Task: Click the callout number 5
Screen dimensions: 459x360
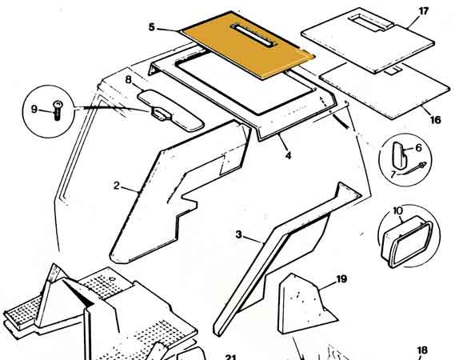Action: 151,27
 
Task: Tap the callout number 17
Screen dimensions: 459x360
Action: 424,11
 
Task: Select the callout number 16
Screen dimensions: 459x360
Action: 436,120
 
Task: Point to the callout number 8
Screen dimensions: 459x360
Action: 129,80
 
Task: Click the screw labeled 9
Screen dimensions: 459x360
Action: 58,110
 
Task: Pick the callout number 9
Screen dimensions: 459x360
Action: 34,110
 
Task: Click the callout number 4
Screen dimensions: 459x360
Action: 289,155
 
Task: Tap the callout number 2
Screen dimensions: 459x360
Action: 117,186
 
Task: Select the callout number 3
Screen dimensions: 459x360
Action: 239,234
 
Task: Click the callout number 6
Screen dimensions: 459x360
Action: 418,148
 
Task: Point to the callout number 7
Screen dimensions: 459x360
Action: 393,174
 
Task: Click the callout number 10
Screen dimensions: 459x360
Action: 397,210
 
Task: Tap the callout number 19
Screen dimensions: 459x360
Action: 341,279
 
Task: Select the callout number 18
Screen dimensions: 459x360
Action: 422,350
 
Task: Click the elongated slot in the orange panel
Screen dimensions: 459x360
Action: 253,35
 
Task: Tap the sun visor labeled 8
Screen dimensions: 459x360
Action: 170,110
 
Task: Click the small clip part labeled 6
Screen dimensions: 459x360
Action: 399,154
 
